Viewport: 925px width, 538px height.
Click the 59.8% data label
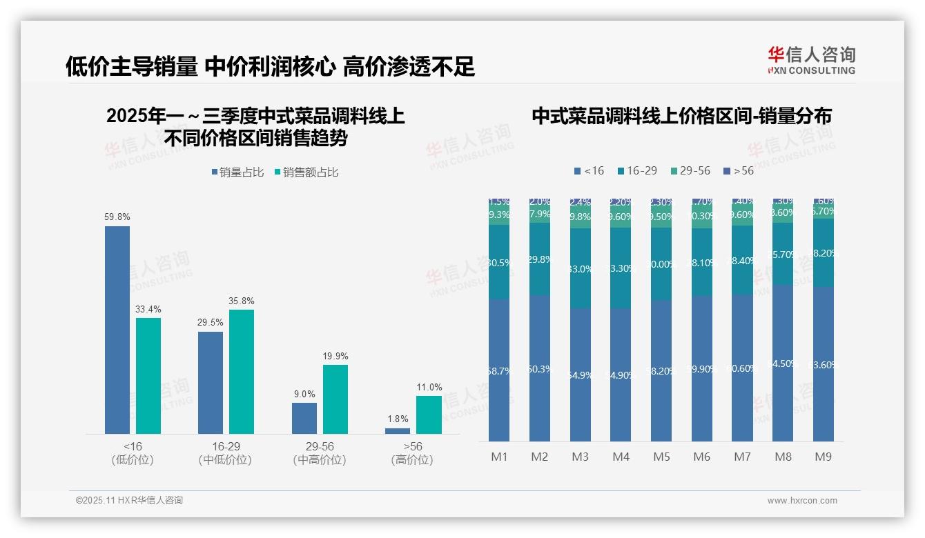click(x=117, y=217)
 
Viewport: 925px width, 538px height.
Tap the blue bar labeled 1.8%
click(x=398, y=430)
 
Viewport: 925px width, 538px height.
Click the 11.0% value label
click(x=429, y=388)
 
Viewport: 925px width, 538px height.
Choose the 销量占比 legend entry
click(x=237, y=172)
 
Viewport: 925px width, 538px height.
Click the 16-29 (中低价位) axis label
click(x=226, y=453)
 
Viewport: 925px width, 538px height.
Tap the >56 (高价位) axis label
click(x=413, y=453)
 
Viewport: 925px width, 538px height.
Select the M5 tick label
click(x=661, y=457)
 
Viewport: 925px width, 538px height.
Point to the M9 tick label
click(x=824, y=457)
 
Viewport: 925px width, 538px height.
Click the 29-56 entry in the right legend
click(x=690, y=170)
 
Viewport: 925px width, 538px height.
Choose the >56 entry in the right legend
click(x=739, y=170)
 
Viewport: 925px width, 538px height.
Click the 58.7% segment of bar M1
click(x=499, y=370)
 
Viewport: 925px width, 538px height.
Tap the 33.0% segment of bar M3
click(x=581, y=269)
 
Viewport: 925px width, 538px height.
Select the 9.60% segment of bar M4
click(x=621, y=216)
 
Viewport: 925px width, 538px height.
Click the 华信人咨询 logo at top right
click(x=811, y=60)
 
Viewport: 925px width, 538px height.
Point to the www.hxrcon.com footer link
click(x=802, y=501)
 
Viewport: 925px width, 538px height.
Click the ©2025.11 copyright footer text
click(x=129, y=500)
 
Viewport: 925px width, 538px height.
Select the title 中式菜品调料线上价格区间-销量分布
click(x=681, y=116)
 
